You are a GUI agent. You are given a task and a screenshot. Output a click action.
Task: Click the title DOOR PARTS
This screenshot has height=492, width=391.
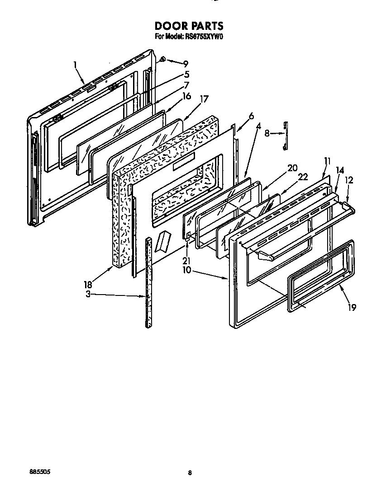click(189, 26)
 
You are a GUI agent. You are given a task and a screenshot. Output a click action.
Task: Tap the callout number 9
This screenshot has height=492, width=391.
click(186, 64)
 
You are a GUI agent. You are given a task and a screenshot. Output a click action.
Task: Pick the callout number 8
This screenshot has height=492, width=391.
click(267, 133)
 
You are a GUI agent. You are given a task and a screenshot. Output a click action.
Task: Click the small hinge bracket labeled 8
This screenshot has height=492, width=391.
click(285, 134)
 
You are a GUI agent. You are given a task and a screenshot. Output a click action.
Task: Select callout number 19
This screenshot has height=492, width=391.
click(352, 307)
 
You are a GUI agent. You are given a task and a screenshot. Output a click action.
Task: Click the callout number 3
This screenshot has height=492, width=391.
click(89, 294)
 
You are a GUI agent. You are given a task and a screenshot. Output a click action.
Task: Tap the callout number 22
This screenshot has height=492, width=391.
click(303, 177)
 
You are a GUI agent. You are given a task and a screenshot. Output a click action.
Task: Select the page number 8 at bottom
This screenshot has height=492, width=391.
click(190, 473)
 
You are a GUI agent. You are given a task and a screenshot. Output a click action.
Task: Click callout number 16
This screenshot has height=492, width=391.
click(186, 96)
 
